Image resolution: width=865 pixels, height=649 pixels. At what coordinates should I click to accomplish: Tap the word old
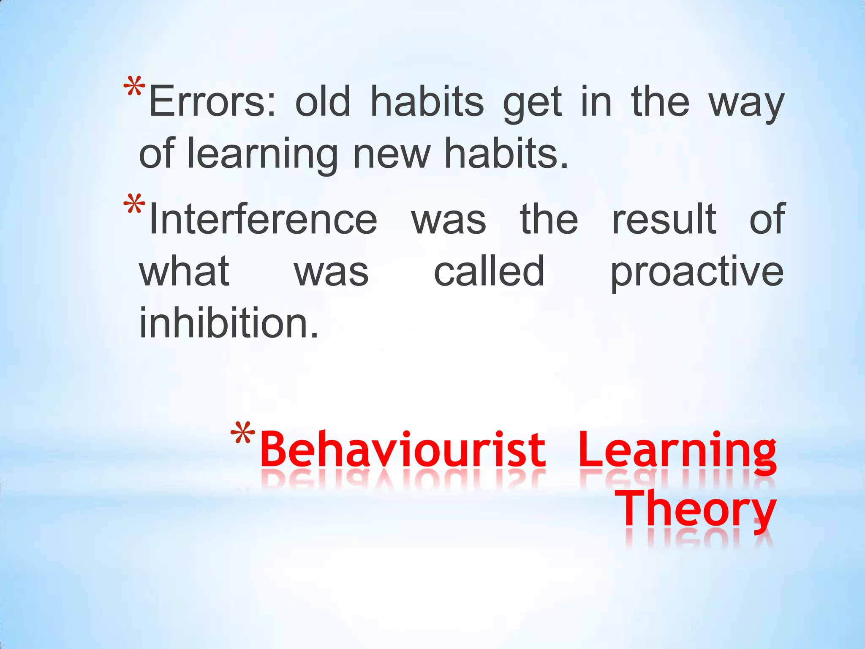(323, 102)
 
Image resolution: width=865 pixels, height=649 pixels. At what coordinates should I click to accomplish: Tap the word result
(664, 219)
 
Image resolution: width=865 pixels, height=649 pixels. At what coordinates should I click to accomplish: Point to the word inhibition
(228, 323)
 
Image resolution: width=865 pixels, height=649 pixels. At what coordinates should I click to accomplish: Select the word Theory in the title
(696, 509)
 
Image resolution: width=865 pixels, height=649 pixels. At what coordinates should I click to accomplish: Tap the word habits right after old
(427, 102)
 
